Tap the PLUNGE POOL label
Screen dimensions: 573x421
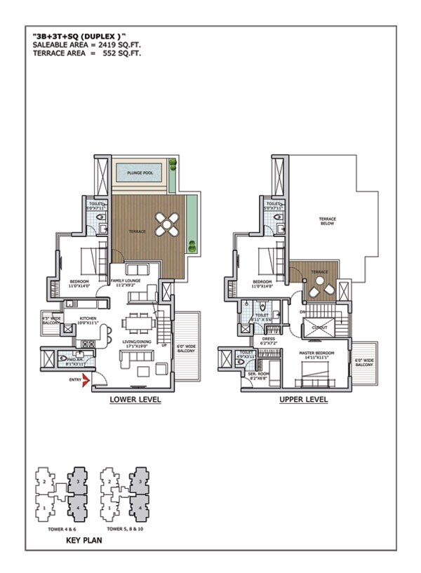coord(140,172)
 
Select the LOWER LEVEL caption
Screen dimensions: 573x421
coord(135,400)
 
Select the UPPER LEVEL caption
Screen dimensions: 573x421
coord(304,400)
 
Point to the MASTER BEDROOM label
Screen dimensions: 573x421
coord(316,353)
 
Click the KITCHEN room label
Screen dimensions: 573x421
coord(88,318)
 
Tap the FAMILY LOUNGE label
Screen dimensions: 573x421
coord(126,282)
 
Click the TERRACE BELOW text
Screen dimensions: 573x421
coord(328,222)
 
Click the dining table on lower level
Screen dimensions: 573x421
coord(138,324)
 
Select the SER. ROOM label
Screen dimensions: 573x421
coord(259,375)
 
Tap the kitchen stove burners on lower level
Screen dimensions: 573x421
coord(86,343)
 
